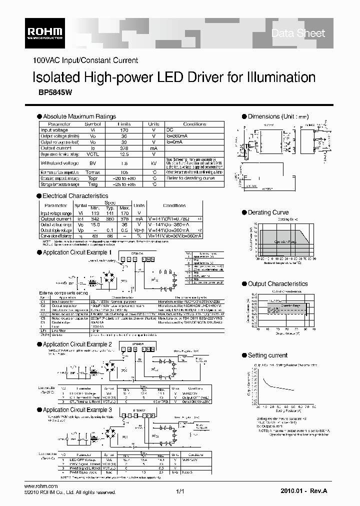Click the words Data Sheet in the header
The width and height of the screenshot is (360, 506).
point(297,33)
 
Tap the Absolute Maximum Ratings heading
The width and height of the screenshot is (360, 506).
point(79,116)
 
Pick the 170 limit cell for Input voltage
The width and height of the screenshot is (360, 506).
point(124,130)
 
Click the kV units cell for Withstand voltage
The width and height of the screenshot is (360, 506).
point(154,163)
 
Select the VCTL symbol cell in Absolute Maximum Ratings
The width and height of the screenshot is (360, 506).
point(93,154)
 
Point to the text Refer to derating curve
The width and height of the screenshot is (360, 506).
point(190,178)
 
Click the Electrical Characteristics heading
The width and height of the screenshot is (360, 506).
point(75,196)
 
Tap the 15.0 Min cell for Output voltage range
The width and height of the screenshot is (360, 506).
point(95,224)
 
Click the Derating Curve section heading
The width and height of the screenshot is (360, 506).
point(268,212)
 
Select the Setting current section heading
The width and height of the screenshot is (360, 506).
point(267,355)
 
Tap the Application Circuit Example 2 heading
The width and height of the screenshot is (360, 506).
point(77,344)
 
